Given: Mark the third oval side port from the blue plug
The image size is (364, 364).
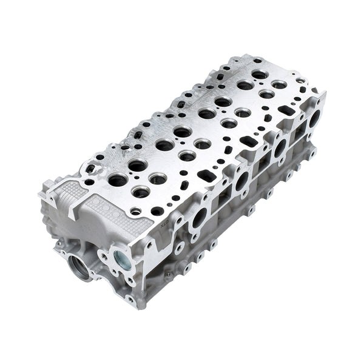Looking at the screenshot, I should [x=279, y=147].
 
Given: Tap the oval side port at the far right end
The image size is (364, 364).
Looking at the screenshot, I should [x=314, y=118].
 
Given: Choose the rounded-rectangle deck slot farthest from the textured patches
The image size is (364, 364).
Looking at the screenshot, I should [x=283, y=110].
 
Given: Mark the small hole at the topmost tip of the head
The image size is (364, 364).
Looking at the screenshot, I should [x=257, y=60].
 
